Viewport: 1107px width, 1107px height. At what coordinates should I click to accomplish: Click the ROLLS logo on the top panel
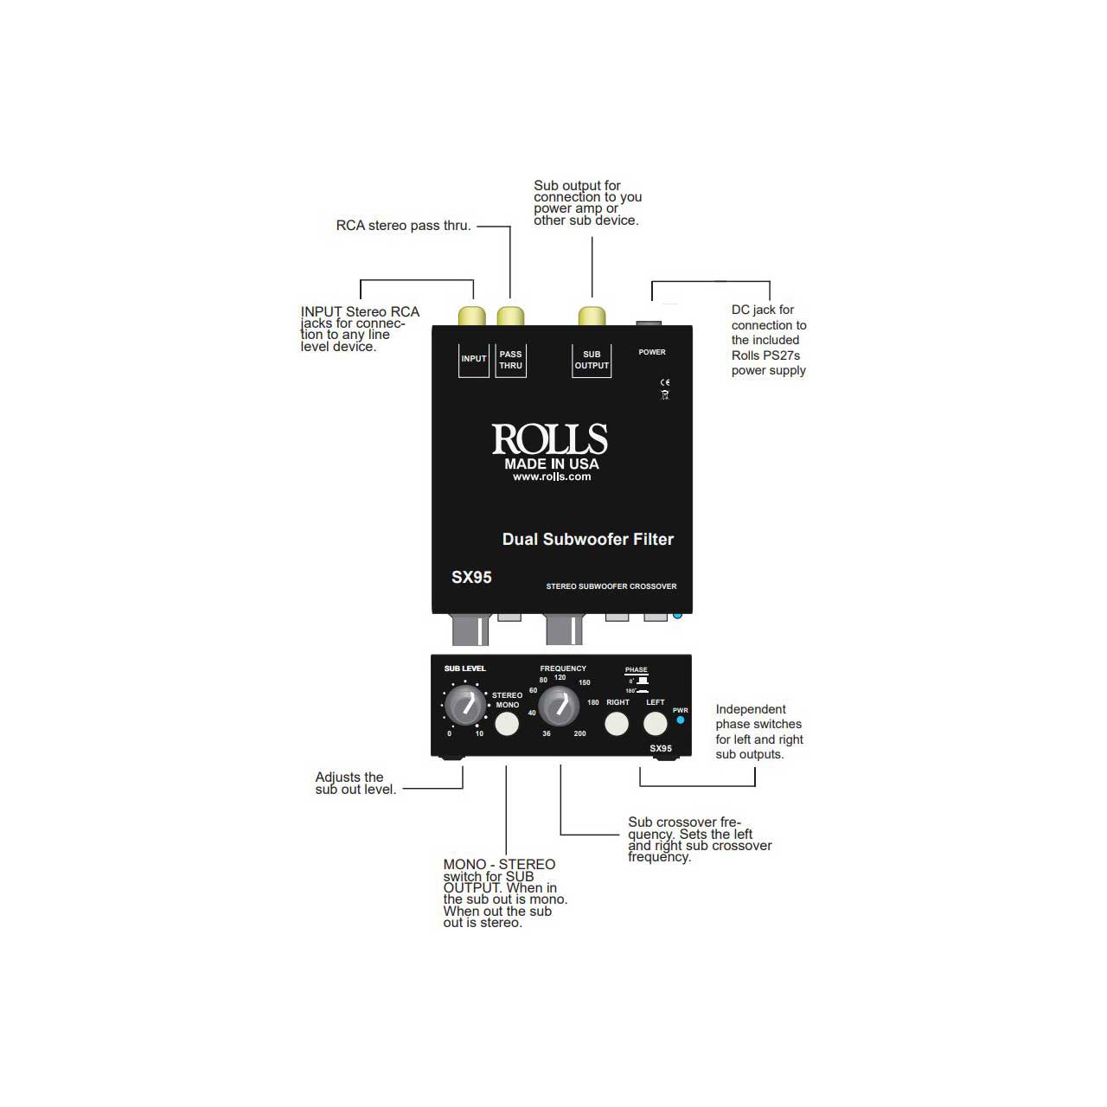549,438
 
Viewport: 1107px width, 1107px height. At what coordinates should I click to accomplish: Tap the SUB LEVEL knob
465,706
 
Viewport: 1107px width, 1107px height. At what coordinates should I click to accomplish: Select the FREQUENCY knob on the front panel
559,706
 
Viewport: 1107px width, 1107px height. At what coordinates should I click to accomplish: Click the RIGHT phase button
617,724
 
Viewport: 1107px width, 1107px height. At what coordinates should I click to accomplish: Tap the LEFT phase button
655,724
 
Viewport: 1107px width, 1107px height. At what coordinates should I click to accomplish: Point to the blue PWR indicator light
680,720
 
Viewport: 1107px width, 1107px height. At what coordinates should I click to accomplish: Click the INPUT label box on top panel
473,360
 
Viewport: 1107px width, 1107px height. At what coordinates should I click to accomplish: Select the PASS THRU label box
511,360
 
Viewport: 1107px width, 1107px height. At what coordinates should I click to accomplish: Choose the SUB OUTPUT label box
592,360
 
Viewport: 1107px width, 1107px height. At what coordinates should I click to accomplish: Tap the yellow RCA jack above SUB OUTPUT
592,317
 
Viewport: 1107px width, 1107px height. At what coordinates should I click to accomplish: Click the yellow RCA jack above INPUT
471,317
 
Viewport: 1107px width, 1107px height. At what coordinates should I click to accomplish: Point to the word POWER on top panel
652,352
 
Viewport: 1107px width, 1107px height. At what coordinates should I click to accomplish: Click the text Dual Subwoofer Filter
588,540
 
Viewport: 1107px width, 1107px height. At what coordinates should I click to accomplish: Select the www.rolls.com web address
552,477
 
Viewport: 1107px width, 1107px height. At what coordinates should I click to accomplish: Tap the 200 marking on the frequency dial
579,733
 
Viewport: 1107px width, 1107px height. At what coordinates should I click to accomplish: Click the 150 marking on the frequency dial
585,682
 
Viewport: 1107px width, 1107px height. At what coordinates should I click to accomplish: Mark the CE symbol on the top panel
665,382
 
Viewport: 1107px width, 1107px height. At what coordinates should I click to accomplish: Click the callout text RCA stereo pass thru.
403,226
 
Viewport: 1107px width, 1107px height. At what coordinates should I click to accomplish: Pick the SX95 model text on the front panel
661,749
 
